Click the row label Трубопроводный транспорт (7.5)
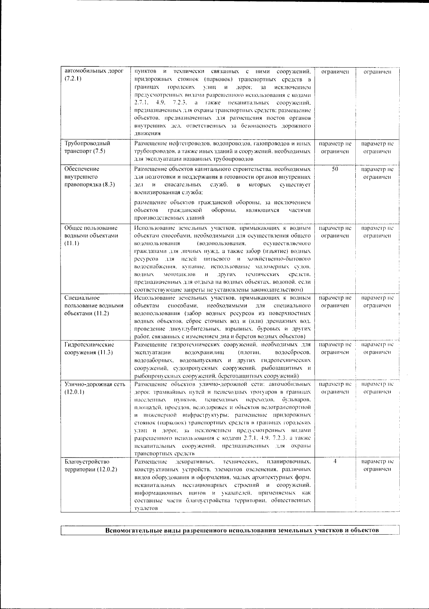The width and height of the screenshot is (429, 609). [x=87, y=147]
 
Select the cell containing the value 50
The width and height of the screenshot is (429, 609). [x=335, y=169]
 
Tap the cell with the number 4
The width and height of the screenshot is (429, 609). [x=335, y=461]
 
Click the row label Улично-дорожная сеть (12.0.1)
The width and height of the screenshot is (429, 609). [x=95, y=388]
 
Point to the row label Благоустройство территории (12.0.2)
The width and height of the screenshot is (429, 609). [x=91, y=465]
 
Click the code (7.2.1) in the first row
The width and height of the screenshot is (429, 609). [x=73, y=79]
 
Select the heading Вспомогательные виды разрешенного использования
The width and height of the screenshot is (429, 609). [x=242, y=530]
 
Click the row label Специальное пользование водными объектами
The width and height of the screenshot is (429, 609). [x=94, y=305]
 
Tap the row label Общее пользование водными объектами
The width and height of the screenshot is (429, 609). [x=91, y=236]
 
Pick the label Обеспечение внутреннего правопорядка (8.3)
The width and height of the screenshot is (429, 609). [x=89, y=177]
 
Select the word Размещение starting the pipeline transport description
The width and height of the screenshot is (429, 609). [x=149, y=143]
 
